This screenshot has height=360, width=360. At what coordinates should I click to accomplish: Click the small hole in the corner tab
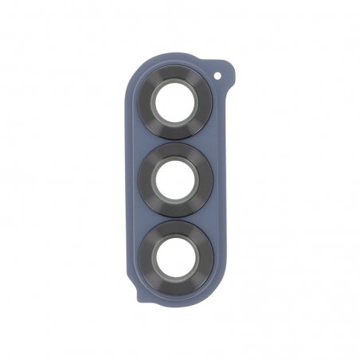[x=221, y=78]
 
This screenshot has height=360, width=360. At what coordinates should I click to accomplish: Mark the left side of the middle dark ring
[x=147, y=178]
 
